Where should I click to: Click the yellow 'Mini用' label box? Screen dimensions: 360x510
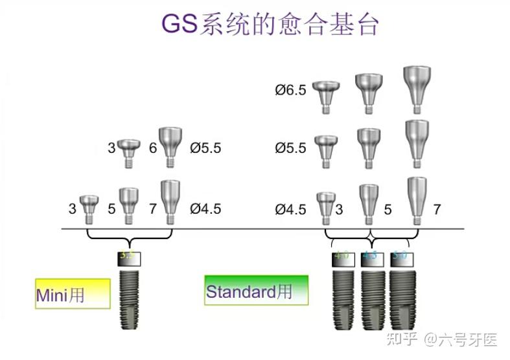pos(73,294)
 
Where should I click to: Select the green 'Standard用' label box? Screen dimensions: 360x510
pos(255,291)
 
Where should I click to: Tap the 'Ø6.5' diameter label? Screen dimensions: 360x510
pos(290,90)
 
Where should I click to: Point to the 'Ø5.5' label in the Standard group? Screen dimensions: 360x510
pos(290,148)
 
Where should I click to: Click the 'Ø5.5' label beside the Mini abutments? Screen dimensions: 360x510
pos(205,148)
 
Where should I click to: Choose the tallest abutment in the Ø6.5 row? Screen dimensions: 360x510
pos(415,85)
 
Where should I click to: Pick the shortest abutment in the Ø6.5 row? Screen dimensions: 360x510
pos(327,93)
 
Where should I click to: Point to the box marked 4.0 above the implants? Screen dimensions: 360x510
pos(342,257)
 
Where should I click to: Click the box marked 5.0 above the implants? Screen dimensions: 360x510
pos(401,257)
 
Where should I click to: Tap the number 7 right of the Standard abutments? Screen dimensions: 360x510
pos(437,210)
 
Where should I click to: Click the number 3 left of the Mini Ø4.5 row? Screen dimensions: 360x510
pos(72,210)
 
